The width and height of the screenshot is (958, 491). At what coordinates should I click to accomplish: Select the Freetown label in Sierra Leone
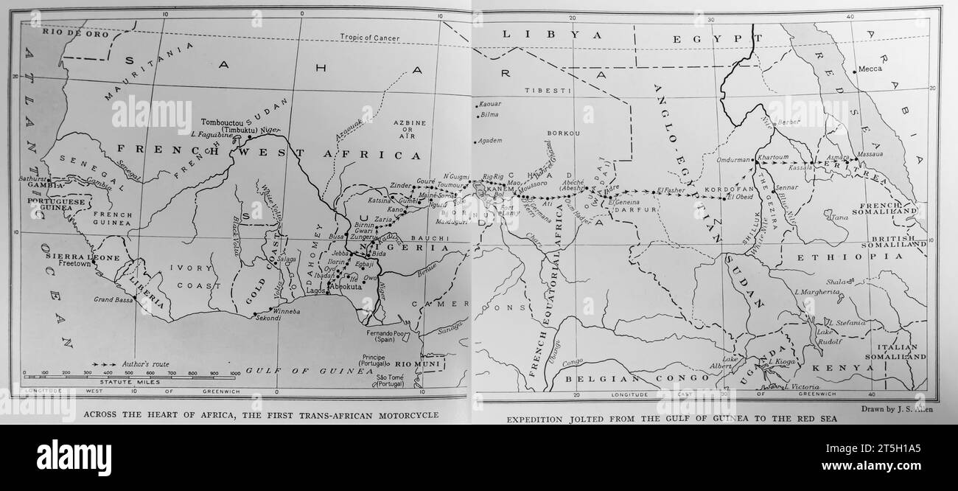tap(75, 262)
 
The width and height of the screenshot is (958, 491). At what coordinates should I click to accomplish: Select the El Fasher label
tap(671, 189)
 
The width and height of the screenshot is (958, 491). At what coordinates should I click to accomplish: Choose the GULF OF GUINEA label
tap(310, 370)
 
